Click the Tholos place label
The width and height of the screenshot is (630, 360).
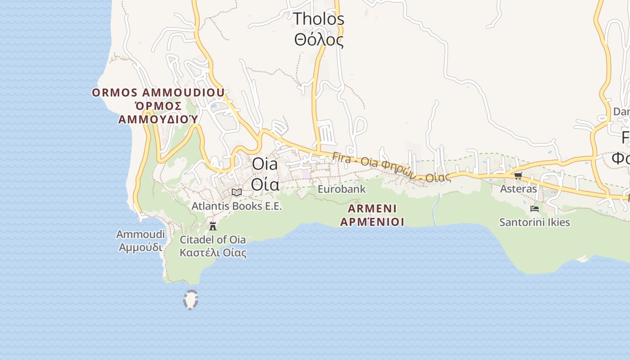(319, 19)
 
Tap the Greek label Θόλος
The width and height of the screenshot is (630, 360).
(319, 40)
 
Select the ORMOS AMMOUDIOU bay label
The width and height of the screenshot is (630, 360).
(158, 93)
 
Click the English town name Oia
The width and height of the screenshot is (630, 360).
(265, 164)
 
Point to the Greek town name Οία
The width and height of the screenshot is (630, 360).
(265, 184)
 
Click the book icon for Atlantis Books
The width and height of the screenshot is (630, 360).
(236, 193)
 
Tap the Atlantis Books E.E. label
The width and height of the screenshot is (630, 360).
(236, 206)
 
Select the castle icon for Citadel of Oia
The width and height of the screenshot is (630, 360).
(213, 226)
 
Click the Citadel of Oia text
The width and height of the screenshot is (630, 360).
(213, 239)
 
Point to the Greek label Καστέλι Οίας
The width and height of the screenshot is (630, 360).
(213, 252)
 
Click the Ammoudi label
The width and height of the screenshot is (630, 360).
(140, 234)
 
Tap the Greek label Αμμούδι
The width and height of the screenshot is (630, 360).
(140, 247)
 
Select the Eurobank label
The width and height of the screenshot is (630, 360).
(342, 189)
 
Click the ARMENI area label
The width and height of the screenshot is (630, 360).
(372, 209)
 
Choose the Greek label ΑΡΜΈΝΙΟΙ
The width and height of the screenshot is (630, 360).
(372, 222)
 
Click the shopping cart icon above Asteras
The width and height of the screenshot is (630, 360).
(518, 175)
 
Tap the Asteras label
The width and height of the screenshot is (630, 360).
(518, 189)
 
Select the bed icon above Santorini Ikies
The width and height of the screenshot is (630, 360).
(535, 209)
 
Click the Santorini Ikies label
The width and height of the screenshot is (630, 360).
(535, 222)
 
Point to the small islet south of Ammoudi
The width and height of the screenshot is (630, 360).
(191, 300)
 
